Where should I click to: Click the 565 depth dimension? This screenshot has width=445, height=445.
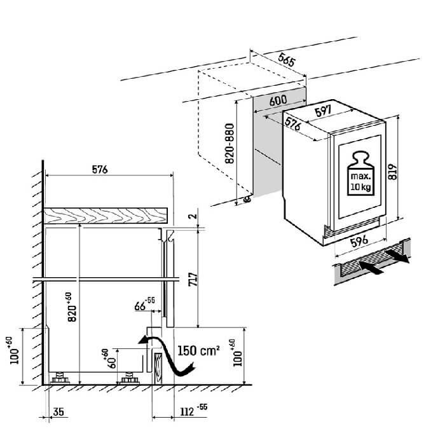[287, 61]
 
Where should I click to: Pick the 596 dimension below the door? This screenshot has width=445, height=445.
[360, 242]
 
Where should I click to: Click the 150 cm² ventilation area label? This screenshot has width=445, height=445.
[199, 350]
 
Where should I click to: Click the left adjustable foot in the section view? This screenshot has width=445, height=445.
[63, 379]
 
